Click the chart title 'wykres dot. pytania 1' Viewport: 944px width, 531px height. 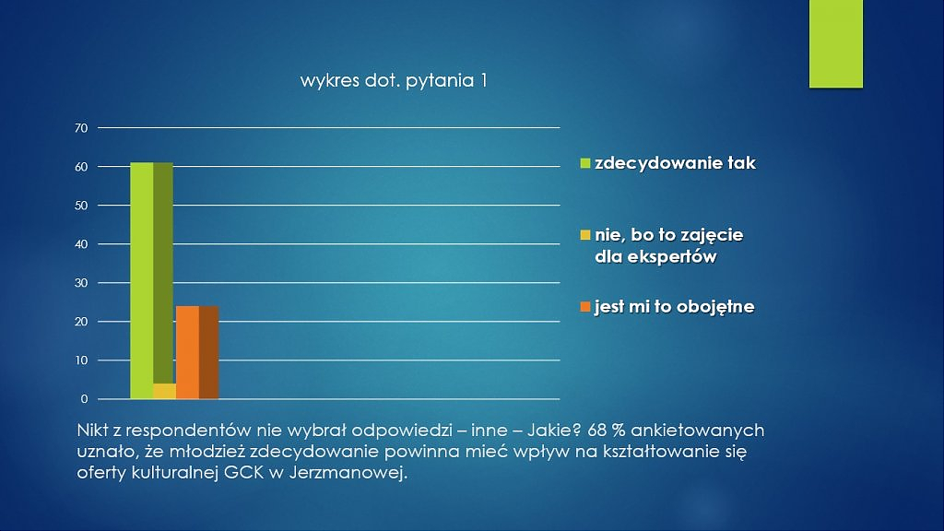pyautogui.click(x=394, y=81)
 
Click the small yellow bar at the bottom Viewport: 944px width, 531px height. pyautogui.click(x=164, y=391)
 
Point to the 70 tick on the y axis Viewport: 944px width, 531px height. pyautogui.click(x=81, y=128)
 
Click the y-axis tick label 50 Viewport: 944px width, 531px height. pyautogui.click(x=81, y=206)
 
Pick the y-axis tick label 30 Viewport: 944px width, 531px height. pyautogui.click(x=81, y=283)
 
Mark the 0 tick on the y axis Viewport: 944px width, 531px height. pyautogui.click(x=84, y=399)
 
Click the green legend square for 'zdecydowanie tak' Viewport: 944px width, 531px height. pyautogui.click(x=585, y=163)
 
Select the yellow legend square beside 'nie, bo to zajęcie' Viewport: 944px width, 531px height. pyautogui.click(x=585, y=235)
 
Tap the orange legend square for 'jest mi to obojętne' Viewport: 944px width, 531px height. pyautogui.click(x=585, y=307)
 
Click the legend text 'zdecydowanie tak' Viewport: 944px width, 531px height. pyautogui.click(x=675, y=163)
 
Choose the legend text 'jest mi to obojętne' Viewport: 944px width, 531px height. pyautogui.click(x=674, y=307)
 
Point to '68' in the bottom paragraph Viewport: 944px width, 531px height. pyautogui.click(x=597, y=431)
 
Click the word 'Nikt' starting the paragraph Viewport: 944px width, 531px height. pyautogui.click(x=93, y=431)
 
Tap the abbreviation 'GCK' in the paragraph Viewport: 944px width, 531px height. pyautogui.click(x=243, y=473)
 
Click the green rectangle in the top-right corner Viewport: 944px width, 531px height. pyautogui.click(x=835, y=44)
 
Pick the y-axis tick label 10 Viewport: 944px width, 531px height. pyautogui.click(x=81, y=360)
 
